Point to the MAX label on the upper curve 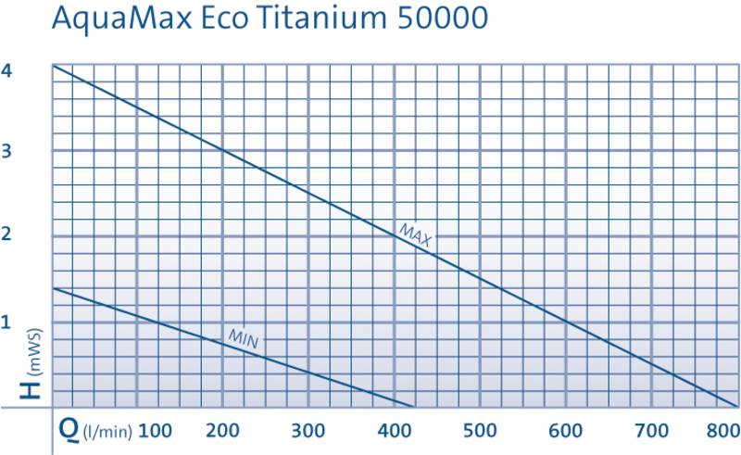[x=416, y=234]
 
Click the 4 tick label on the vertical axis [x=6, y=70]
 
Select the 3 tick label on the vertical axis [x=6, y=151]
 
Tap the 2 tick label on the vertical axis [x=6, y=234]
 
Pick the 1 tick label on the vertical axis [x=6, y=322]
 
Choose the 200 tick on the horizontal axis [x=224, y=431]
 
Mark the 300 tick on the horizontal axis [x=308, y=431]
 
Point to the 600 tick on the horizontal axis [x=566, y=431]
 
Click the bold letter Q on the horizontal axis [x=69, y=430]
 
